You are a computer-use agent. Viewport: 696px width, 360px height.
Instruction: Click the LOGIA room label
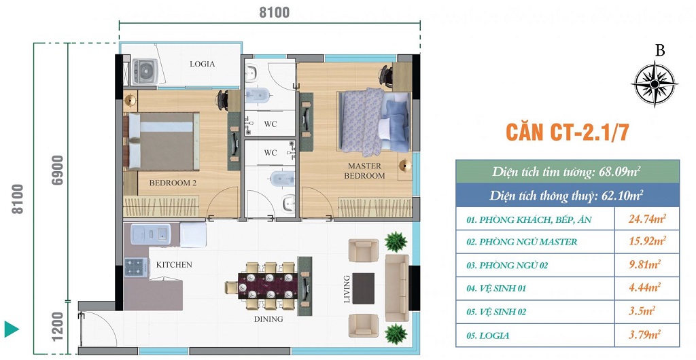click(203, 64)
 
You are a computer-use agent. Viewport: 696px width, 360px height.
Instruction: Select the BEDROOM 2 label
click(173, 183)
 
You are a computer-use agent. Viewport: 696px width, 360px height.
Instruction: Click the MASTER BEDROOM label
click(364, 170)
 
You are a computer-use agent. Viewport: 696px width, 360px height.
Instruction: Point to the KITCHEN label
click(174, 265)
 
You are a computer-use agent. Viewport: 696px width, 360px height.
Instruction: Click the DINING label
click(268, 319)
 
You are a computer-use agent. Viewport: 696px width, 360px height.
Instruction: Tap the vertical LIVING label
click(347, 289)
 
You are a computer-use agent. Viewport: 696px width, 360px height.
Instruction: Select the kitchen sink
click(150, 234)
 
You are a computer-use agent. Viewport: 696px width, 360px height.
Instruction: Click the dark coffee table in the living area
click(363, 288)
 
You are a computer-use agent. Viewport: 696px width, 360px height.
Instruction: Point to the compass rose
click(655, 84)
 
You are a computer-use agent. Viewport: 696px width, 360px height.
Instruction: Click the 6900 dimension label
click(58, 170)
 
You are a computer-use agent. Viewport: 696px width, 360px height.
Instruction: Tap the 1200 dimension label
click(58, 327)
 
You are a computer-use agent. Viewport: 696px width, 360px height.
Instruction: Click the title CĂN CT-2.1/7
click(568, 132)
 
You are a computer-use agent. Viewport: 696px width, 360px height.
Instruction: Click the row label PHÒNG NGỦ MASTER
click(523, 242)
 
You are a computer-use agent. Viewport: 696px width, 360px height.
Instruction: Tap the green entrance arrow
click(12, 329)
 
